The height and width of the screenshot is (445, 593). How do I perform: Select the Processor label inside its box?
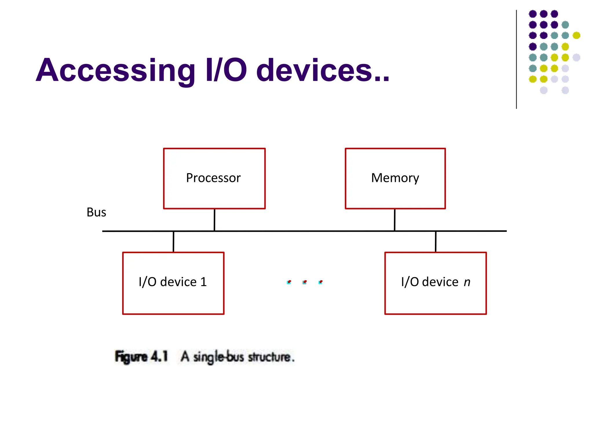coord(213,178)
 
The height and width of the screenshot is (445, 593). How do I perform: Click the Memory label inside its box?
coord(395,178)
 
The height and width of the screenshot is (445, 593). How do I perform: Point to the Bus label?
coord(96,212)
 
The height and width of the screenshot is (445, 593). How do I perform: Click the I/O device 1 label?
coord(173,282)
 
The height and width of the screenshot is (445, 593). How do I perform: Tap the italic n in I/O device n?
coord(467,282)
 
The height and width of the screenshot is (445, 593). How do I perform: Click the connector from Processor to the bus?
coord(214,220)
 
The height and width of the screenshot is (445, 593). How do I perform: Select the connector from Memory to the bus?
coord(394,220)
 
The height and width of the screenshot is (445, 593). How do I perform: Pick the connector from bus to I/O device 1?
coord(173,242)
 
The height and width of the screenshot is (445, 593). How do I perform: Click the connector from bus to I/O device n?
coord(435,242)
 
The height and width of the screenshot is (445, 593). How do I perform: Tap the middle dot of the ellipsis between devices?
coord(305,282)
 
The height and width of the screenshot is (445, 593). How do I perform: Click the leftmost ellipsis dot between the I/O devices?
coord(289,282)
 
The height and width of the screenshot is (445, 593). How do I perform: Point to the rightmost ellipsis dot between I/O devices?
coord(320,282)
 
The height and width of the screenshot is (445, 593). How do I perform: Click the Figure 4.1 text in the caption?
coord(141,357)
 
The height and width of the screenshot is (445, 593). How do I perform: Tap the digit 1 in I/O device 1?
coord(204,282)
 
